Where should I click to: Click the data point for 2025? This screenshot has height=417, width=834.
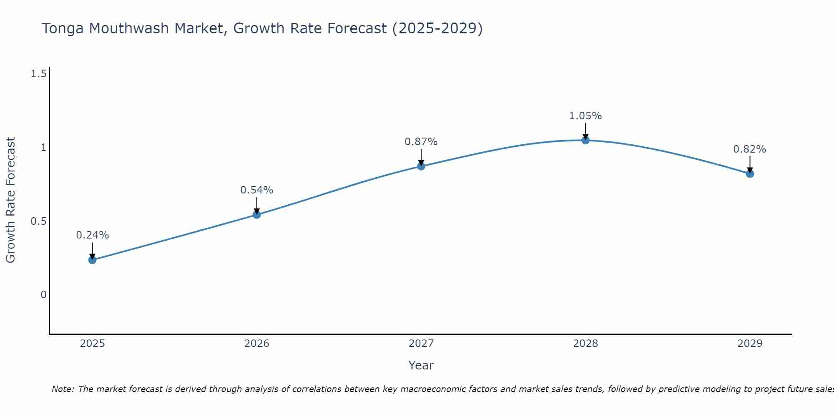click(92, 260)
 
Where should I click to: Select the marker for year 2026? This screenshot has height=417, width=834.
click(257, 215)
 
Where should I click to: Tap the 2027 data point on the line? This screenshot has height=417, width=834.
click(421, 166)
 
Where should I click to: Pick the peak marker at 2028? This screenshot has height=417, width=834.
click(585, 140)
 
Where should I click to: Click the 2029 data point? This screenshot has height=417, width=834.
click(750, 173)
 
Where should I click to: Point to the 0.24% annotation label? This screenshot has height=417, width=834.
click(92, 235)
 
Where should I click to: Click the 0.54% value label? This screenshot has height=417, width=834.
click(257, 190)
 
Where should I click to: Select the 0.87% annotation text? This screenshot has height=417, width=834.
click(421, 142)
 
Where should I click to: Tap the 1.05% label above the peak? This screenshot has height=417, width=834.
click(585, 116)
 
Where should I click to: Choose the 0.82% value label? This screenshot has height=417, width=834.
click(750, 149)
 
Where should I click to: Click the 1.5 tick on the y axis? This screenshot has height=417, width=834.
click(38, 74)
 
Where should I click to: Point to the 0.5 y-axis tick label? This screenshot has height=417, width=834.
click(38, 221)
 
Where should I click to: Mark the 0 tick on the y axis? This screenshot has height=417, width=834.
click(43, 295)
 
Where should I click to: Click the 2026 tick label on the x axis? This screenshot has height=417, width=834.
click(257, 344)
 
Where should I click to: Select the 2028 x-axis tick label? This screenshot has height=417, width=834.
click(585, 344)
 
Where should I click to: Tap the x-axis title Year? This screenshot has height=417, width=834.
click(421, 365)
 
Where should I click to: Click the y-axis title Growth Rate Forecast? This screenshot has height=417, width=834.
click(10, 200)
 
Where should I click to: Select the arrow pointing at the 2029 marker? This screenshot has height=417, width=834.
click(750, 164)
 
